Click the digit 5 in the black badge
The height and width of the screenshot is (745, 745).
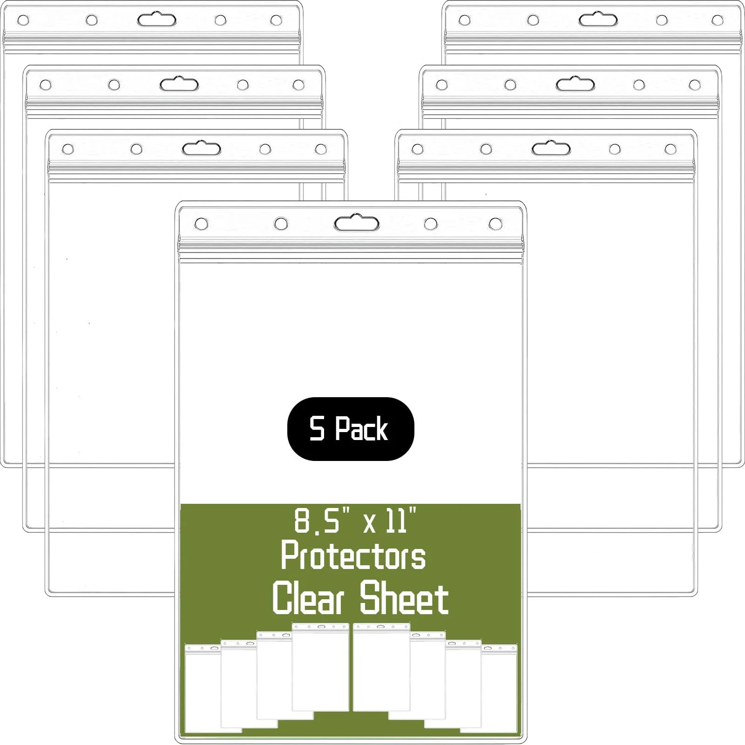coord(317,429)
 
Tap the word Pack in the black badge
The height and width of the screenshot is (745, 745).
coord(362,429)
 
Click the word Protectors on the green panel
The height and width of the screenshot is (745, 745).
coord(353,556)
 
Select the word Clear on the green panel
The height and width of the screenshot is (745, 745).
coord(308,599)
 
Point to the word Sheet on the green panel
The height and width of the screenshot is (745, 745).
coord(404,599)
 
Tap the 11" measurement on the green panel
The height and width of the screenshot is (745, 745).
coord(400,521)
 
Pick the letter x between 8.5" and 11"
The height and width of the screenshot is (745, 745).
coord(370,524)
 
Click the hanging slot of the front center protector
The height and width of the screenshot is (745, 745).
coord(357,224)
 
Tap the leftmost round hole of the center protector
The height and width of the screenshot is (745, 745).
coord(202,224)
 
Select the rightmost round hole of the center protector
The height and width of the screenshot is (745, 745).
coord(495,224)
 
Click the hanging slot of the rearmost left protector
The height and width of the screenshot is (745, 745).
coord(156,20)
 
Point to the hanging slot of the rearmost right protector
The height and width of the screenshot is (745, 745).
coord(598,20)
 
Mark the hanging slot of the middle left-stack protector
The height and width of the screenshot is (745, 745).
coord(179,85)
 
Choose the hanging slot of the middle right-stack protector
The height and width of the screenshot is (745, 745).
coord(575,85)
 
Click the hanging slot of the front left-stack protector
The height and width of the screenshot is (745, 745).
coord(202,149)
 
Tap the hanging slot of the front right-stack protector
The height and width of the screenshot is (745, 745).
coord(551,149)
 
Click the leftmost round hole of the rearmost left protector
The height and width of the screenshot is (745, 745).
coord(23,20)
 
